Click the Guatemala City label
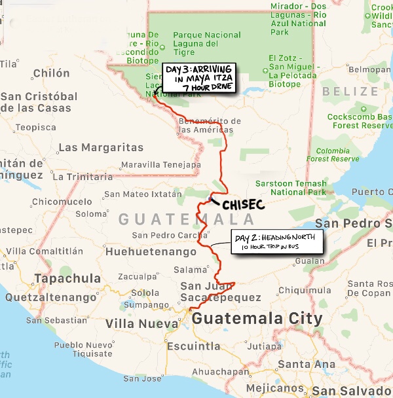pyautogui.click(x=257, y=319)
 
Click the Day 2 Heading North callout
pyautogui.click(x=277, y=242)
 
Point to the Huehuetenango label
pyautogui.click(x=151, y=251)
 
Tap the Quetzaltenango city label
pyautogui.click(x=50, y=297)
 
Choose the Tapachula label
pyautogui.click(x=67, y=278)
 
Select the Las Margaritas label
pyautogui.click(x=101, y=147)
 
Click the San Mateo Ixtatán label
pyautogui.click(x=143, y=194)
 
